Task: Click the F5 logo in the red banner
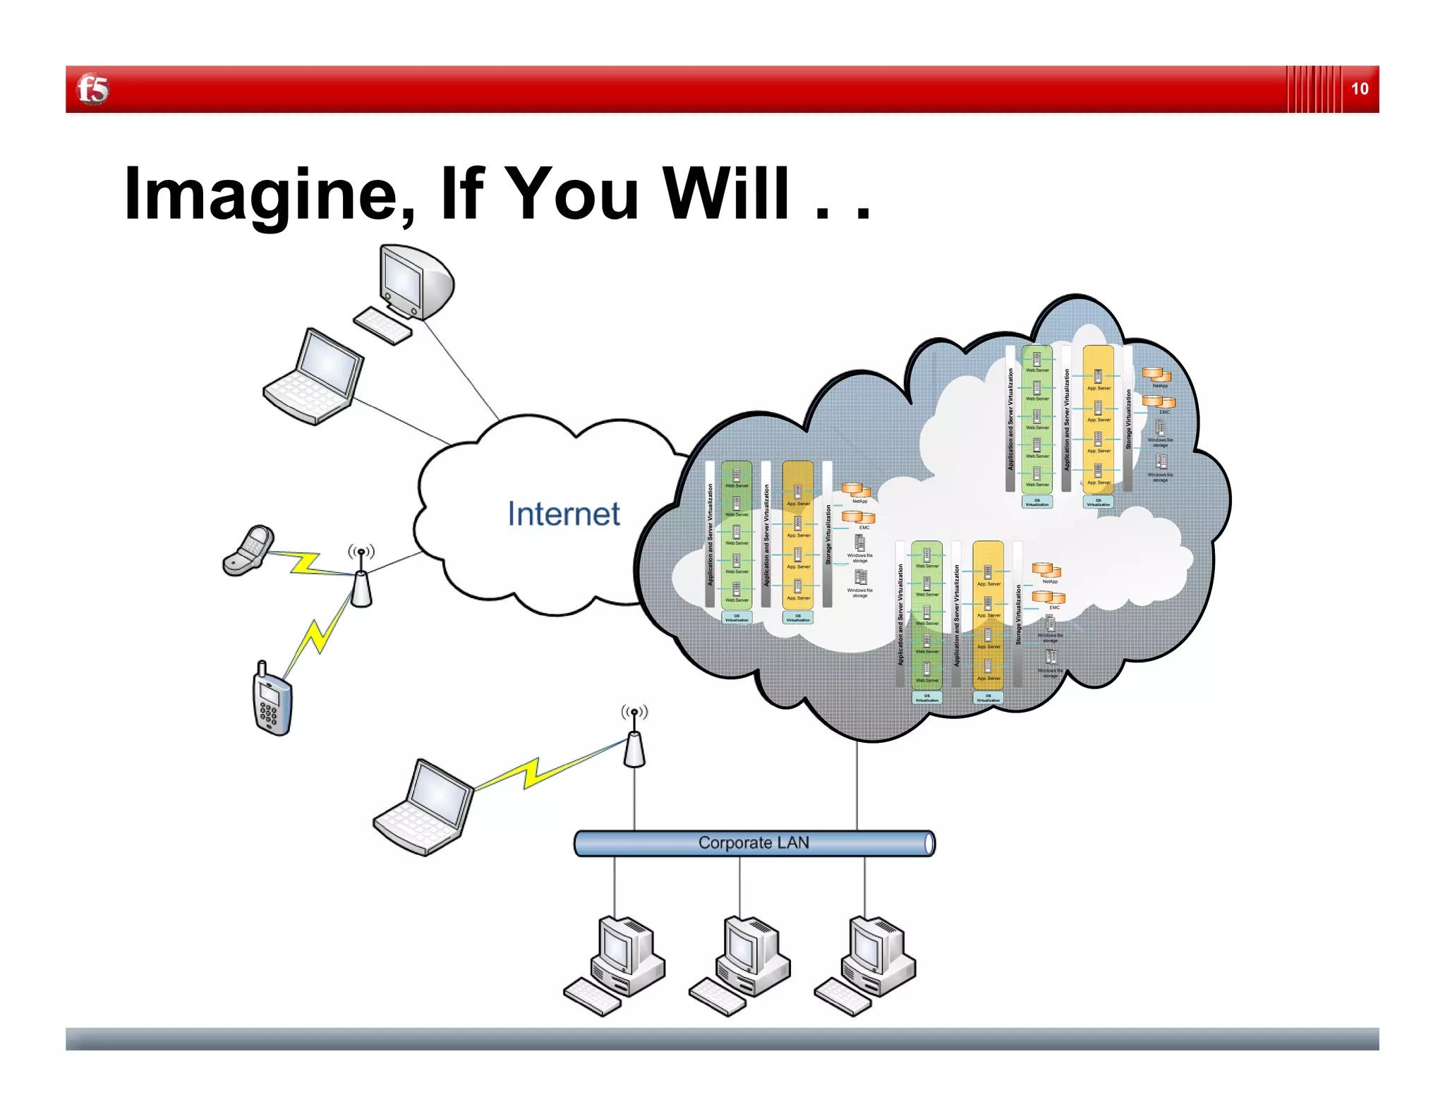(92, 90)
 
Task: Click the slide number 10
(1359, 89)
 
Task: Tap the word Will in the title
(726, 193)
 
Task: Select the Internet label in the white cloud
(563, 514)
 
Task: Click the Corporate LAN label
(754, 843)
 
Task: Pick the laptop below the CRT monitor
(315, 377)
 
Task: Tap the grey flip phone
(248, 550)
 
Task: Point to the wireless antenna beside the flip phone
(361, 578)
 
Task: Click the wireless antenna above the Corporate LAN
(634, 741)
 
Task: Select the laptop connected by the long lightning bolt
(423, 808)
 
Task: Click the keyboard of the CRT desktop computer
(382, 327)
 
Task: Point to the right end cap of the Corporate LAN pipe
(929, 844)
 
